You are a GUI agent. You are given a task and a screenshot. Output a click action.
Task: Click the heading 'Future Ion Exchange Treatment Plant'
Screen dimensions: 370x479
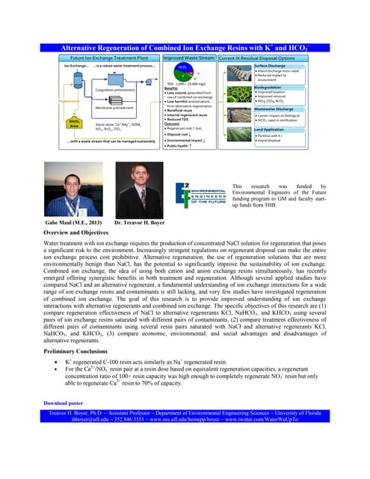(111, 58)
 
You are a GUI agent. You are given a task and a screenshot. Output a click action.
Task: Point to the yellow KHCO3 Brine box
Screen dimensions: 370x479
(74, 123)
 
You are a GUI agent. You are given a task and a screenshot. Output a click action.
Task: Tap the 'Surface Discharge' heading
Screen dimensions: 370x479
(269, 65)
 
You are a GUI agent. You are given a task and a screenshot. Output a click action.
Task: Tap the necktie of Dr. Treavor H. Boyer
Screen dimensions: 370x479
(139, 202)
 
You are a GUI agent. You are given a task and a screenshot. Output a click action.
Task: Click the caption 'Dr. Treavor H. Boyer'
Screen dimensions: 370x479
(141, 222)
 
